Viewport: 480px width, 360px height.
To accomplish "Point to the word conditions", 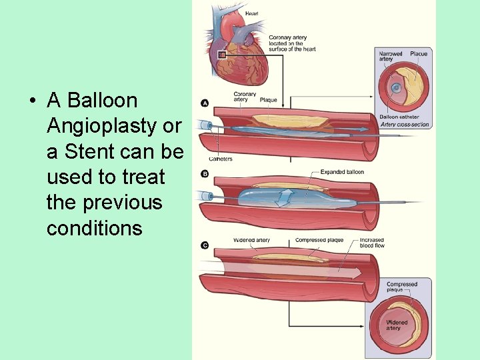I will click(x=94, y=228).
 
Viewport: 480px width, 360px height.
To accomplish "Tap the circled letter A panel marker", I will click(x=205, y=103).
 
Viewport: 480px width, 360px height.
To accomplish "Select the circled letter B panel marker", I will click(x=205, y=174).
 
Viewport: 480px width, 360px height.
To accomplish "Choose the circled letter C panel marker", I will click(x=205, y=245).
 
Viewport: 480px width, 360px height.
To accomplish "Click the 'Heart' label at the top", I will click(x=251, y=13).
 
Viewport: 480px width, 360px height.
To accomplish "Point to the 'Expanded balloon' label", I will click(x=342, y=172).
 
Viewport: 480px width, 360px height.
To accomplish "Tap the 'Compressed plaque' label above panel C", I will click(x=319, y=240).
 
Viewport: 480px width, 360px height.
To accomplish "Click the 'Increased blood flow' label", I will click(x=371, y=243).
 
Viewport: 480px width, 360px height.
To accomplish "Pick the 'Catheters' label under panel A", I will click(x=220, y=159).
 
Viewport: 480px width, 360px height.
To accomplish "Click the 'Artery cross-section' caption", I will click(x=405, y=124).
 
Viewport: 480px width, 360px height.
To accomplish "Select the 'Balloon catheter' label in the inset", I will click(x=399, y=117).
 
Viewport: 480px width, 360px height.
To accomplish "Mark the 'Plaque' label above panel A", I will click(x=268, y=100).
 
